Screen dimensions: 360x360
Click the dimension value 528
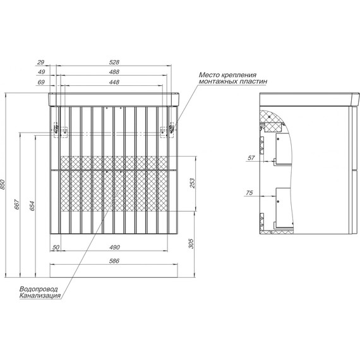click(114, 63)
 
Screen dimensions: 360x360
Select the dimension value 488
click(114, 72)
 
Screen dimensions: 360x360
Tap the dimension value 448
click(114, 82)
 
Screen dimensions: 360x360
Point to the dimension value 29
click(40, 63)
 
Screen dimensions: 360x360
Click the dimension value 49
click(41, 72)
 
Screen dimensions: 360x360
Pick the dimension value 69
click(41, 82)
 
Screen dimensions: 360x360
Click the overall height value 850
click(3, 184)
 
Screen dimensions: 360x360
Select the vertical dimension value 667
click(17, 205)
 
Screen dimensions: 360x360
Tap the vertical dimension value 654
click(32, 206)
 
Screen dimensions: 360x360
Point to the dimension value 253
click(192, 183)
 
